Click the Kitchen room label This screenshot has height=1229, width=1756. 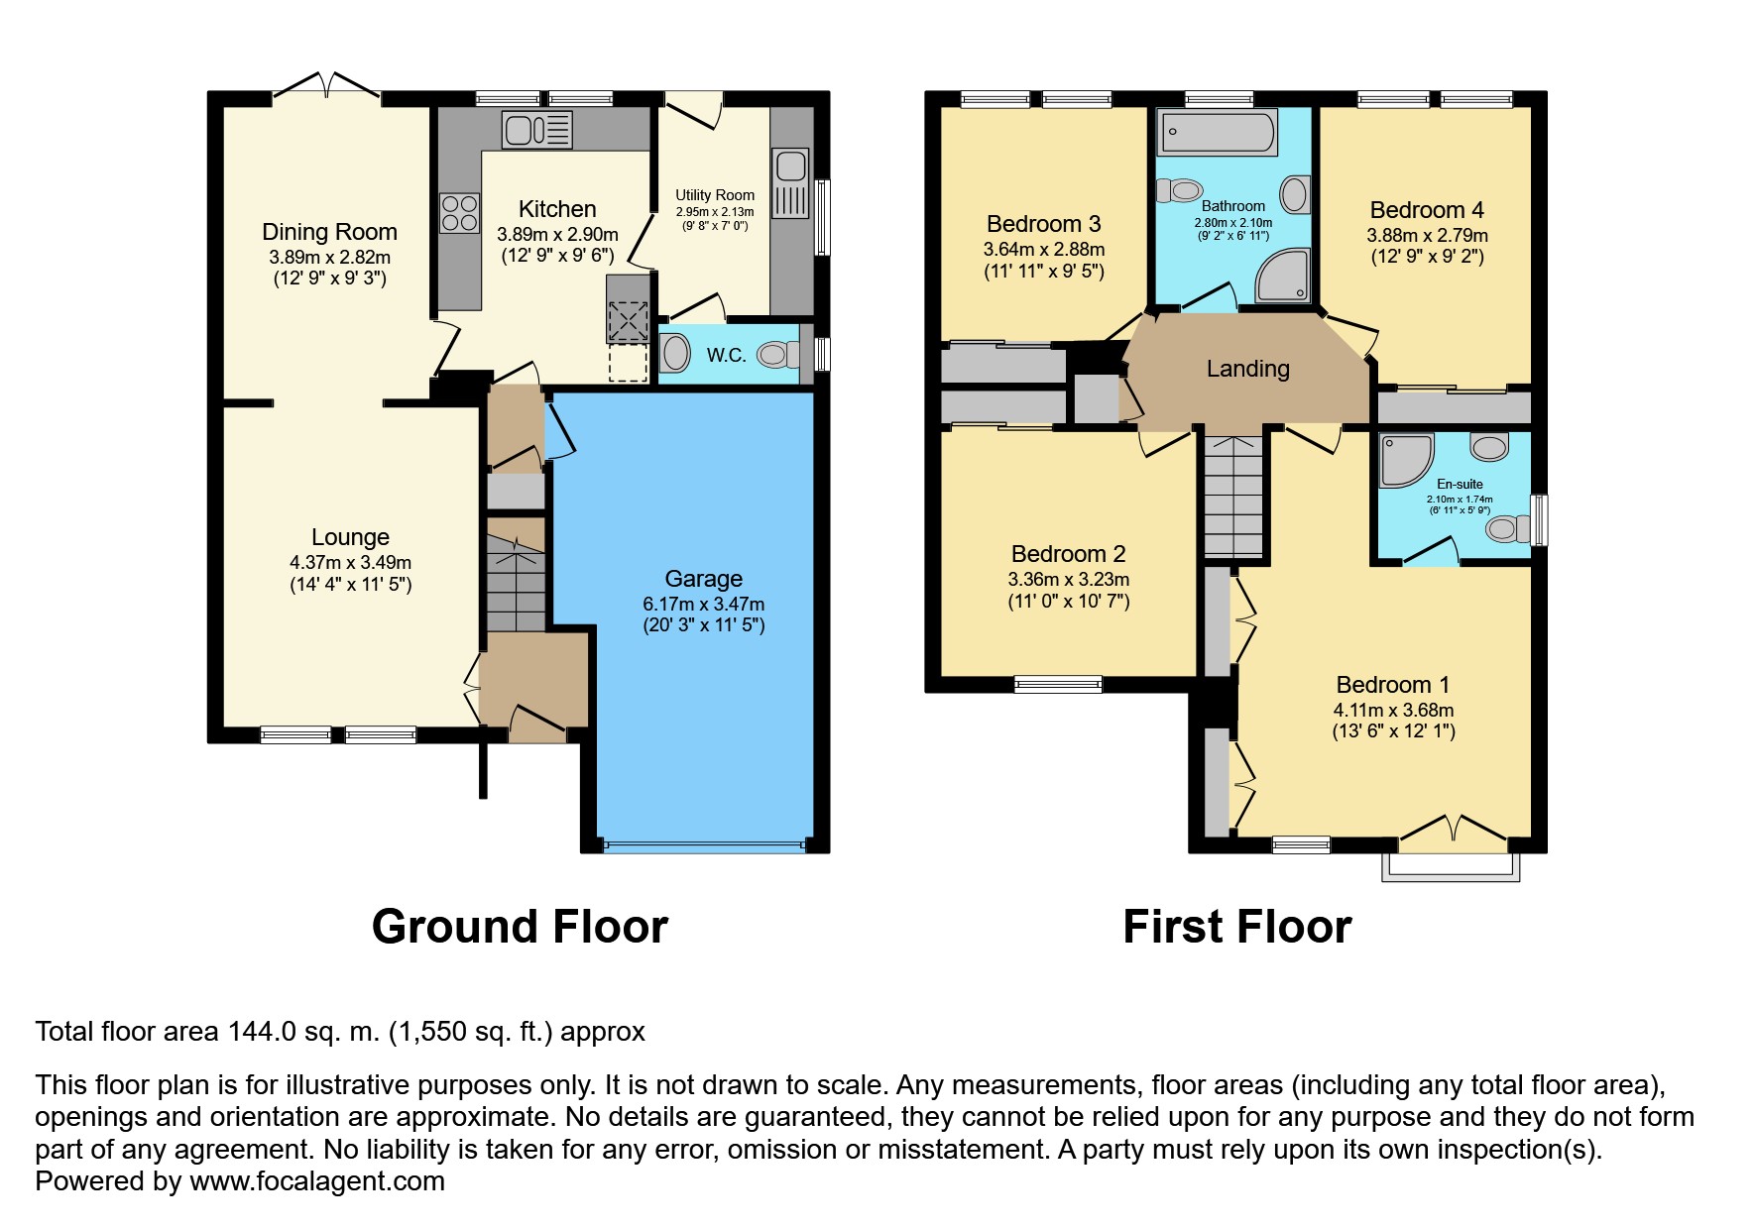[557, 209]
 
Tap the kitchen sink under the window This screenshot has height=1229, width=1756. [536, 130]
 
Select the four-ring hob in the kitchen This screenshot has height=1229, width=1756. [459, 211]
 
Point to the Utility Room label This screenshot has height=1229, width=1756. [715, 195]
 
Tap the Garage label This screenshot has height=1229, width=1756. [704, 579]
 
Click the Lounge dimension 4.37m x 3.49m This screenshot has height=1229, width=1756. [350, 562]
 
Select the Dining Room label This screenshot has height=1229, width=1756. [329, 232]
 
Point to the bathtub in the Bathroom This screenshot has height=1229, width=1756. [1219, 132]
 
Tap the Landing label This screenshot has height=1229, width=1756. [1248, 369]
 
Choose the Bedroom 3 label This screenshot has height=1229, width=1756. [1044, 224]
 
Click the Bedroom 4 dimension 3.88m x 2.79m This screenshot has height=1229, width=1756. [1427, 236]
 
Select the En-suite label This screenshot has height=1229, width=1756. [1460, 485]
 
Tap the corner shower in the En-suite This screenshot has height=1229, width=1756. [1406, 460]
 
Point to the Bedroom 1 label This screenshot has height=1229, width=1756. [1393, 685]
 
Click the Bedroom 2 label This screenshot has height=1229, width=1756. [1069, 554]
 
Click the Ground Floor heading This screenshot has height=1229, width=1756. [520, 927]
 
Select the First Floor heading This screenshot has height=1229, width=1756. [1237, 927]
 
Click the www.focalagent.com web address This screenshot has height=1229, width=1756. [317, 1181]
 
